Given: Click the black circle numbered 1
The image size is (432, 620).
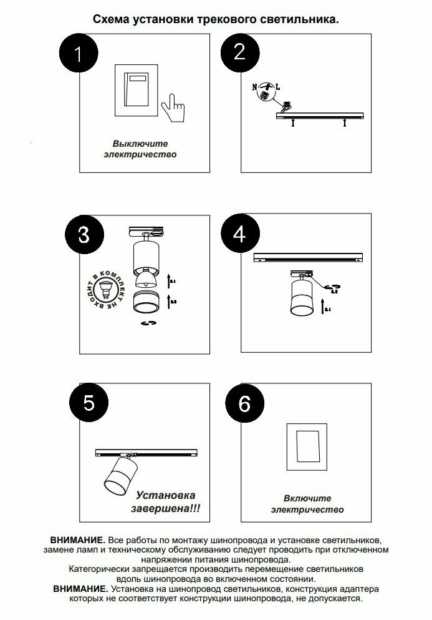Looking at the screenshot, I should [78, 54].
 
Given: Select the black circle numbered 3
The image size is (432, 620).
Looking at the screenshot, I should [84, 235].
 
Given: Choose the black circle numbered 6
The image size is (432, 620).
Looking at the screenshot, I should [244, 404].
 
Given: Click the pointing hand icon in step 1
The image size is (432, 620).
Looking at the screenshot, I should [173, 108].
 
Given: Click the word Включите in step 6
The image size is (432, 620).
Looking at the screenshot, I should [307, 498].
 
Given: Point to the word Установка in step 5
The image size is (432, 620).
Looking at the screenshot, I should [165, 495].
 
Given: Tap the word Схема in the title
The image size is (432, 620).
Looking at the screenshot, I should [110, 19].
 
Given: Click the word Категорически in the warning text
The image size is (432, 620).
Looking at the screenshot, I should [98, 569].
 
